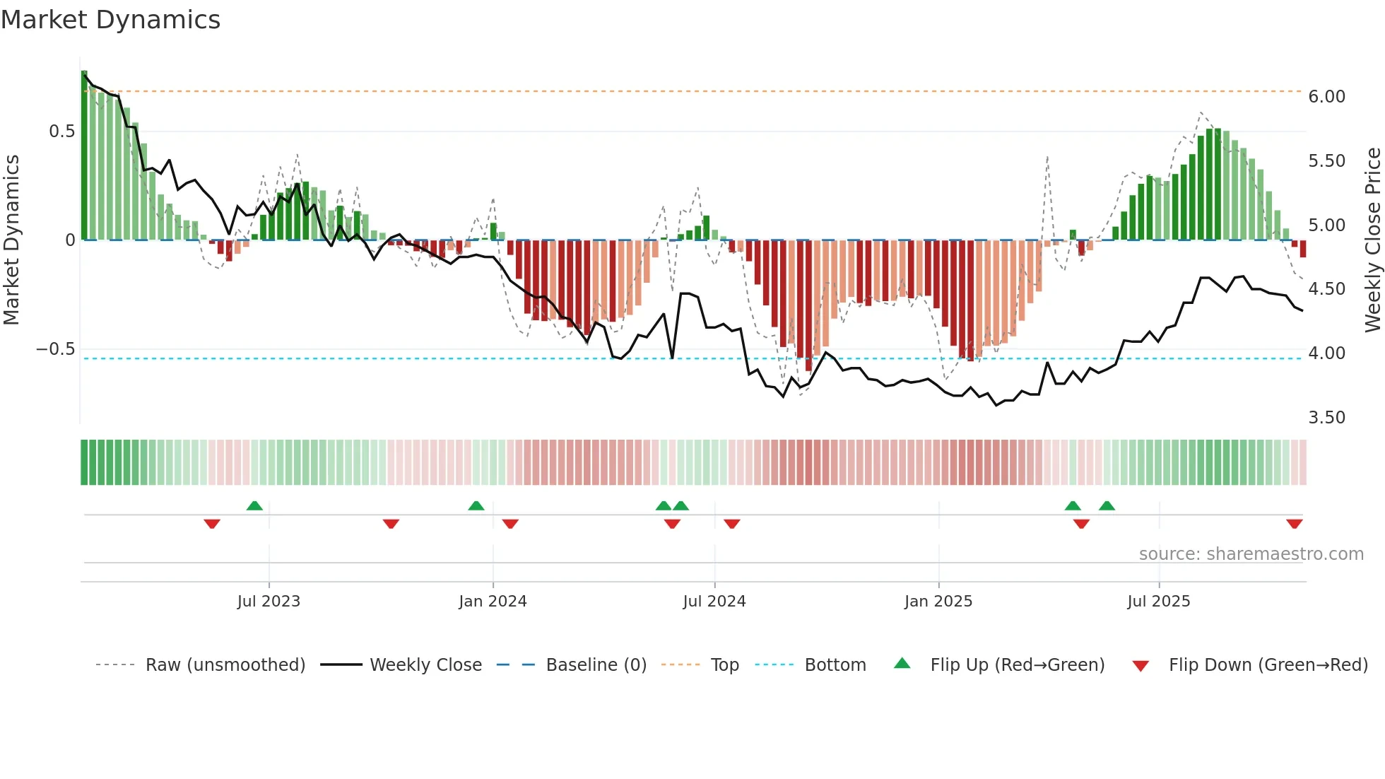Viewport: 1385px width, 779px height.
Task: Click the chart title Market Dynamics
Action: pyautogui.click(x=111, y=20)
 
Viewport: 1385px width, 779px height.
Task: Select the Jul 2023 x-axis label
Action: pyautogui.click(x=269, y=602)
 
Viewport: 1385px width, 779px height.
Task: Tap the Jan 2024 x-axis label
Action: pyautogui.click(x=493, y=602)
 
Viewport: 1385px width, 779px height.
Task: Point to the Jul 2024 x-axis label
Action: pyautogui.click(x=714, y=602)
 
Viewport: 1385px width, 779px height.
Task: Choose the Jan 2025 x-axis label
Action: pyautogui.click(x=938, y=602)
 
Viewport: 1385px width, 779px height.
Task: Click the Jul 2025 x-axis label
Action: pyautogui.click(x=1158, y=602)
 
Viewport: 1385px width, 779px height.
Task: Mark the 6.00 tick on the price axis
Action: pyautogui.click(x=1326, y=97)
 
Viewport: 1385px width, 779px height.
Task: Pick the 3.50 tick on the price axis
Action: pyautogui.click(x=1326, y=418)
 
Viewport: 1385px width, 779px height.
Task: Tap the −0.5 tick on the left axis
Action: pyautogui.click(x=55, y=349)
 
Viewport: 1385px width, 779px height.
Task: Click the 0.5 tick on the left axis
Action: pyautogui.click(x=61, y=131)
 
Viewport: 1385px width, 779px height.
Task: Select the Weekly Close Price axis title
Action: pyautogui.click(x=1372, y=240)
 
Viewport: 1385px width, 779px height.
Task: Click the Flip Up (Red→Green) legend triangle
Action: pyautogui.click(x=902, y=664)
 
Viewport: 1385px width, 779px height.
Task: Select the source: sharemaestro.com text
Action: pyautogui.click(x=1251, y=554)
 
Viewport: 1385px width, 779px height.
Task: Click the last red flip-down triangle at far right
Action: pyautogui.click(x=1294, y=524)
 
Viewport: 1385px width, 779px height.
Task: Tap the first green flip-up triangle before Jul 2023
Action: pyautogui.click(x=254, y=505)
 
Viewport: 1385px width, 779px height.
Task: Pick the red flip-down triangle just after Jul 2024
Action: pyautogui.click(x=731, y=524)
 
